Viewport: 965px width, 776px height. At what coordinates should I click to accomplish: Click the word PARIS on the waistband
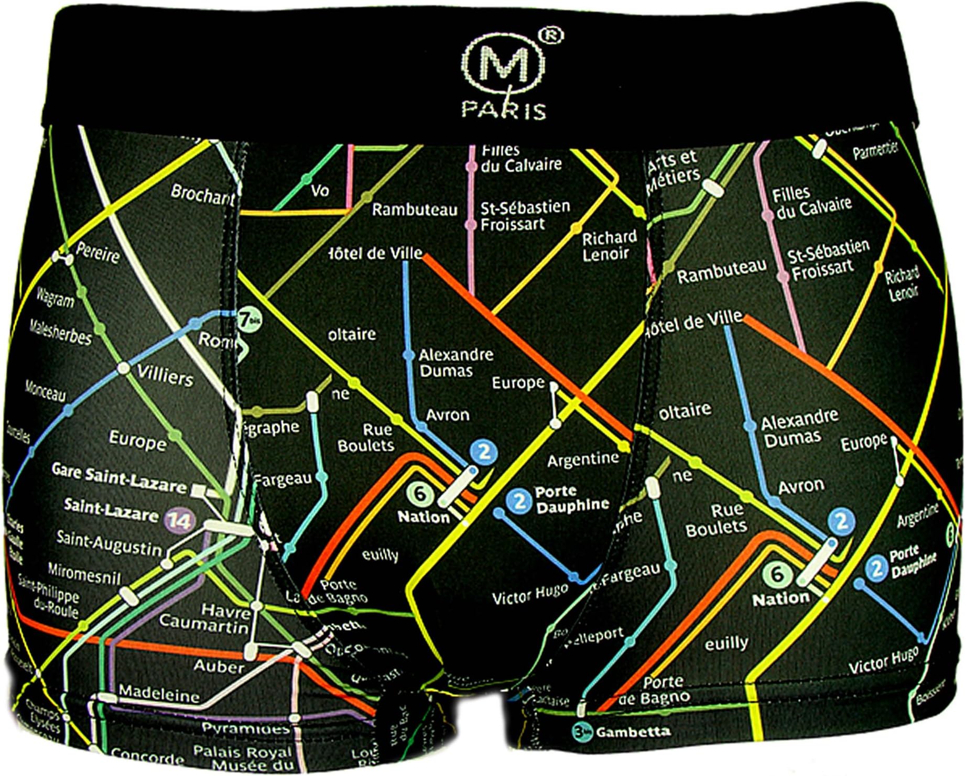pyautogui.click(x=504, y=110)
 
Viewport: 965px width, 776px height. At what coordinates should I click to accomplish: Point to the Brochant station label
pyautogui.click(x=202, y=194)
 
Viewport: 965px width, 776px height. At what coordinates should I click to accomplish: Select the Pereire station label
pyautogui.click(x=98, y=253)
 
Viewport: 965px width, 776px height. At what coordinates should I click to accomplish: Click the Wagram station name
pyautogui.click(x=55, y=299)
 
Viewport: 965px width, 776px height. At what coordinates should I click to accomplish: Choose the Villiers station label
pyautogui.click(x=165, y=376)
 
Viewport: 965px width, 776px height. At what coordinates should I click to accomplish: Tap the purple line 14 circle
pyautogui.click(x=179, y=520)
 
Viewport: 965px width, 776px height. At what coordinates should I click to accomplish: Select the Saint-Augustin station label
pyautogui.click(x=109, y=543)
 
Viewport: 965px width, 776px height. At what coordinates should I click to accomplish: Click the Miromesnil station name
pyautogui.click(x=84, y=574)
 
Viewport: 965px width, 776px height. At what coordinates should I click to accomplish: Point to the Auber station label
pyautogui.click(x=219, y=666)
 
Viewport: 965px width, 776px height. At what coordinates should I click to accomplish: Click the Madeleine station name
pyautogui.click(x=159, y=693)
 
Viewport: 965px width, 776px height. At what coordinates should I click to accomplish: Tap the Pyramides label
pyautogui.click(x=245, y=728)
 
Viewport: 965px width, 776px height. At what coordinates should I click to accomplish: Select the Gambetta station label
pyautogui.click(x=633, y=731)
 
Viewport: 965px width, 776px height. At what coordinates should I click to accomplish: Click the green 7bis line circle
pyautogui.click(x=245, y=319)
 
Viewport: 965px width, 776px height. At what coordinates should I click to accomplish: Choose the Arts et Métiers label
pyautogui.click(x=673, y=169)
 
